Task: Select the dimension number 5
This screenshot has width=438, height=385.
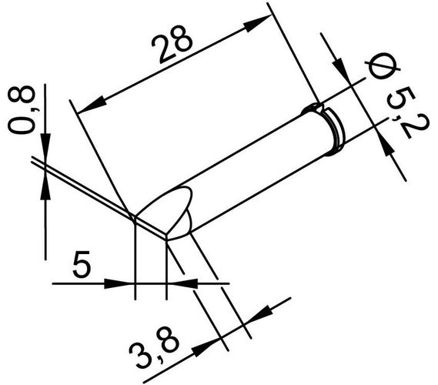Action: tap(82, 266)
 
